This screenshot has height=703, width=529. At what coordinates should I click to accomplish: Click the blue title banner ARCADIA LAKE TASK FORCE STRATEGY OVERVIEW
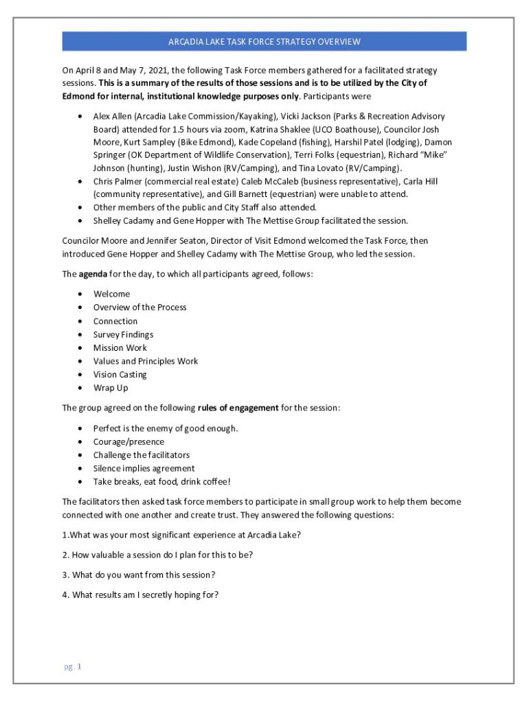tap(264, 42)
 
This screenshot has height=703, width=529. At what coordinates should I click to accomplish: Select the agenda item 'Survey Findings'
tap(123, 334)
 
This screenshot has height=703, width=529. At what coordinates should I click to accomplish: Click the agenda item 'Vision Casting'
tap(120, 374)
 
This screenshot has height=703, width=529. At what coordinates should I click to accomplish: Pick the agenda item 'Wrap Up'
tap(111, 388)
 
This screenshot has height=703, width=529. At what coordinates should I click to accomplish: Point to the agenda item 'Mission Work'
tap(120, 347)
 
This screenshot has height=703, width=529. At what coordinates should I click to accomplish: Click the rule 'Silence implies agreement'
tap(144, 468)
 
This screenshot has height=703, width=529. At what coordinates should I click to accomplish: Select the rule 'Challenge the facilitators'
tap(141, 454)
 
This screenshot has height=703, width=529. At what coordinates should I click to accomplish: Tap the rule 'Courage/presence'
tap(128, 441)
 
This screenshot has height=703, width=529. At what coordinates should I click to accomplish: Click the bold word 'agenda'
tap(92, 274)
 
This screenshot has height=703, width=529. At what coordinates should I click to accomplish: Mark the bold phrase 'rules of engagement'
tap(238, 408)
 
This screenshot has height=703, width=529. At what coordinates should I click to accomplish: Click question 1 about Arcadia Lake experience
tap(181, 535)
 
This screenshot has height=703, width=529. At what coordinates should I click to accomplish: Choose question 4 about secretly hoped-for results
tap(140, 595)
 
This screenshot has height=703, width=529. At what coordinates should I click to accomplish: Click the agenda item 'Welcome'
tap(111, 294)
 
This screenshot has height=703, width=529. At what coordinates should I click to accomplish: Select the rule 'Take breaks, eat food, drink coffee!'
tap(161, 481)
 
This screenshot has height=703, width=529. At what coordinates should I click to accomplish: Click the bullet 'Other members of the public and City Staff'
tap(205, 207)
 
